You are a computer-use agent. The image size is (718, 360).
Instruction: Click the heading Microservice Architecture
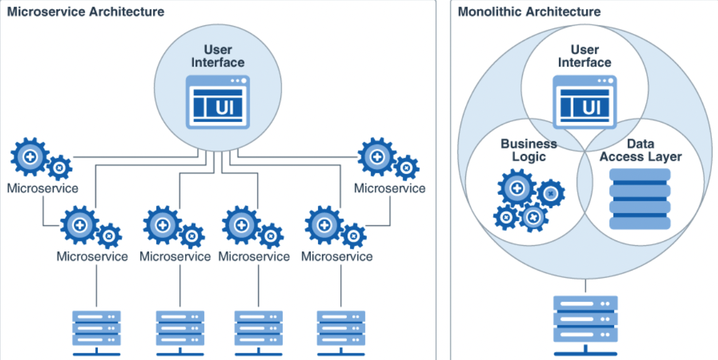[86, 12]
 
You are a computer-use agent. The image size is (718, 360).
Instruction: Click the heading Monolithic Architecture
[529, 12]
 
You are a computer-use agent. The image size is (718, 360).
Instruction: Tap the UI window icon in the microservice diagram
[218, 102]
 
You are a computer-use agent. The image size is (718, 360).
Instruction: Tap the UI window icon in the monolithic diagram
[585, 102]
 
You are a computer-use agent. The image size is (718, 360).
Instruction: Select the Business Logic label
[529, 150]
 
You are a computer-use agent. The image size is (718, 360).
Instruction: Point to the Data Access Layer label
[641, 150]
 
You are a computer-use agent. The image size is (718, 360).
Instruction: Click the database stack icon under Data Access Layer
[639, 199]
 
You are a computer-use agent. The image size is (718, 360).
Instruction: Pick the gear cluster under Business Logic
[529, 201]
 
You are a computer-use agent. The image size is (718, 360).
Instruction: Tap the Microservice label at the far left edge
[42, 188]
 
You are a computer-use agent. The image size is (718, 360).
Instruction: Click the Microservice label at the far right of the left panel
[390, 188]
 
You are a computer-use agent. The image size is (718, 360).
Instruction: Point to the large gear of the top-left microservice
[30, 157]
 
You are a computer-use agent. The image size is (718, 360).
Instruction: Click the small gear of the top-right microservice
[406, 167]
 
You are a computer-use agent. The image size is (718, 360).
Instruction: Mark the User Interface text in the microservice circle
[218, 56]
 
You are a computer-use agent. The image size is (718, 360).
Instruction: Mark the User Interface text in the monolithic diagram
[585, 56]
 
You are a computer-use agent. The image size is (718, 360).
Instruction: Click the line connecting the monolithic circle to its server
[585, 286]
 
